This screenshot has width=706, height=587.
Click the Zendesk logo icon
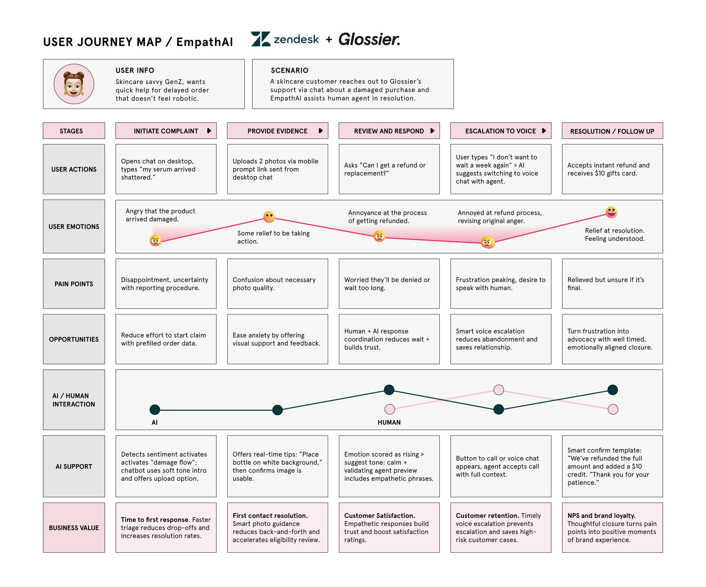(261, 39)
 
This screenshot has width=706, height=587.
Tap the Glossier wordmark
(369, 39)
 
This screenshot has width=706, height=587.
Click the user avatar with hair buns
(74, 84)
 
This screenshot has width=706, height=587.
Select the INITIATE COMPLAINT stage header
(166, 131)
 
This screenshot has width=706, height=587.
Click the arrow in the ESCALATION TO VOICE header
(544, 131)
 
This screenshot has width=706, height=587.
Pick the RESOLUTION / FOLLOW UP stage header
(612, 131)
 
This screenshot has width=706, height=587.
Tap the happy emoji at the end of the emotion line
(611, 212)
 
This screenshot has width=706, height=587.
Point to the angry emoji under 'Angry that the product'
(156, 240)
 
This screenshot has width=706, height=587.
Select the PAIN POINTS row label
(74, 284)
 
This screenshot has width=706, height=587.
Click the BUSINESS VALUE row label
(74, 527)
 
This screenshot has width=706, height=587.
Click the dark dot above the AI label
(155, 409)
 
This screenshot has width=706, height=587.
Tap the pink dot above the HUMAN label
(390, 409)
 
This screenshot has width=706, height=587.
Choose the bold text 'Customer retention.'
(487, 515)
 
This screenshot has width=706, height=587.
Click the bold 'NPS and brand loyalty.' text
(601, 515)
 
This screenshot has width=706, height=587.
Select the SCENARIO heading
(289, 71)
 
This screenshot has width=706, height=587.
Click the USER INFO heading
(135, 71)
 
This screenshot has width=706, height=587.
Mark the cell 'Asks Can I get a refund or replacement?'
(389, 169)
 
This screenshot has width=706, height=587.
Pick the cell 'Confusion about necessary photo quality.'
(277, 284)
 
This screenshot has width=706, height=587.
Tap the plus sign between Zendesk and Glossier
(329, 40)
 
